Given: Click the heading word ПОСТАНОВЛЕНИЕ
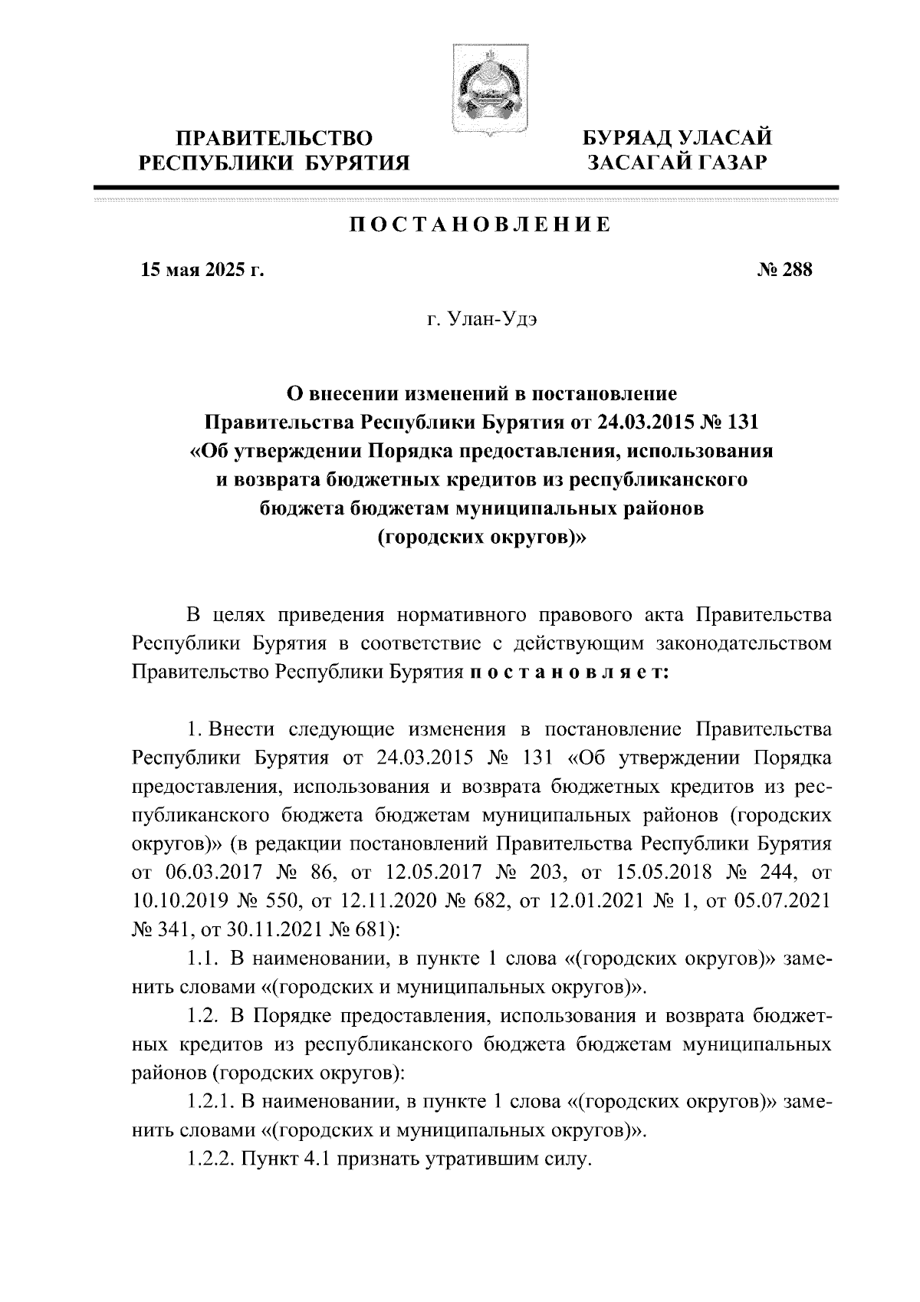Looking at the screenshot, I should coord(481,225).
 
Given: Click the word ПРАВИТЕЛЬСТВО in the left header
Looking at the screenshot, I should coord(275,138).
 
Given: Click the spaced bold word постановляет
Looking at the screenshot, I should coord(568,671).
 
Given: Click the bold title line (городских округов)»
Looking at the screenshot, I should coord(481,538).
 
